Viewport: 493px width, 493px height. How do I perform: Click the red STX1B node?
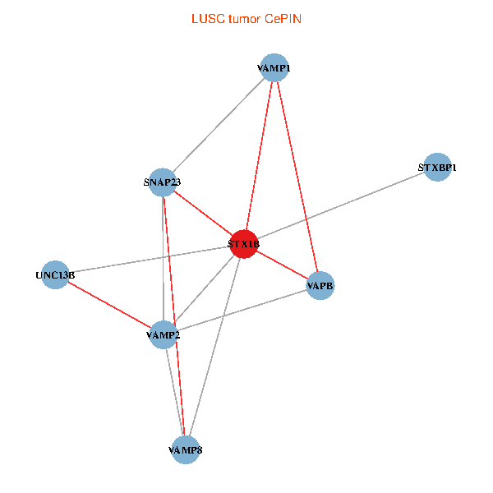click(244, 244)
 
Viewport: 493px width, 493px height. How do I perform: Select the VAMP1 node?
click(273, 67)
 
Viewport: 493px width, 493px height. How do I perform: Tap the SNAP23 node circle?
click(163, 182)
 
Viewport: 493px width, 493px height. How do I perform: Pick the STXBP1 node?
click(437, 168)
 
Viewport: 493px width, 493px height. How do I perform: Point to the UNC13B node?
click(55, 274)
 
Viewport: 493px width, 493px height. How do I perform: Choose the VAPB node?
click(320, 286)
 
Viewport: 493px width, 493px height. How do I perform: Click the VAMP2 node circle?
click(163, 334)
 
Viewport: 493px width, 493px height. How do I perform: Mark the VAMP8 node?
click(186, 449)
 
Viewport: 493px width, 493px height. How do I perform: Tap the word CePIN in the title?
click(283, 18)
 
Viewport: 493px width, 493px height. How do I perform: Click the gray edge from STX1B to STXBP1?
click(340, 206)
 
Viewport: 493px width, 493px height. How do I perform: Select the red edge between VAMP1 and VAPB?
click(296, 176)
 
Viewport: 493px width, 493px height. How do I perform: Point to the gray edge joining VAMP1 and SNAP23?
click(218, 124)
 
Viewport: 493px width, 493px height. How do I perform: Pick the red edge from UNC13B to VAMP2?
click(108, 304)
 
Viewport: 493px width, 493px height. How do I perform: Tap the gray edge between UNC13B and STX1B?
click(150, 259)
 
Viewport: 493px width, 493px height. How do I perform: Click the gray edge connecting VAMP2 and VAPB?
click(241, 311)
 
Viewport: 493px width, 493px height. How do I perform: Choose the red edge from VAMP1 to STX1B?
click(259, 155)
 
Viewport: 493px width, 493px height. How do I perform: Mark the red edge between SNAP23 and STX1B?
click(203, 213)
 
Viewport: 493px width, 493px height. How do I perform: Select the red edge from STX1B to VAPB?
click(282, 265)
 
